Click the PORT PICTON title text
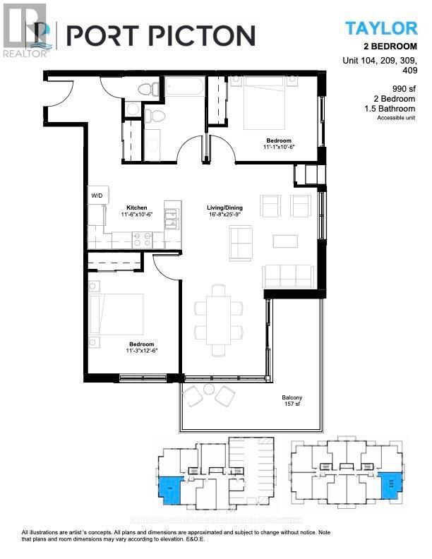[160, 35]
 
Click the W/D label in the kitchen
[96, 194]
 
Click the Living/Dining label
[224, 208]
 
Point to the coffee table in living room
[285, 241]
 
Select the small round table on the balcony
[209, 389]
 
